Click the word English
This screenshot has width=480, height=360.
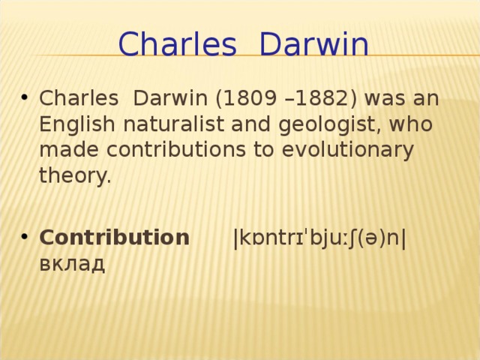[70, 124]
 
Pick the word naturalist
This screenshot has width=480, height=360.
[159, 124]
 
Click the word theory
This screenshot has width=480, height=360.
[74, 177]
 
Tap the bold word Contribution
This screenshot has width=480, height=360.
[114, 238]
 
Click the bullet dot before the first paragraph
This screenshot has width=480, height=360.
[25, 100]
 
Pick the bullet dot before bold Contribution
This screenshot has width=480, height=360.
[25, 238]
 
